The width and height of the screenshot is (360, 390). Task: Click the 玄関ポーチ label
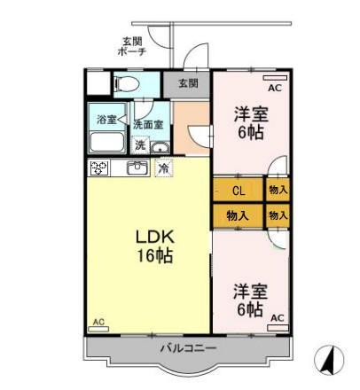132,46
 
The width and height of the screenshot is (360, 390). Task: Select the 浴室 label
106,118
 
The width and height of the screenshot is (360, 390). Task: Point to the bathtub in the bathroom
107,144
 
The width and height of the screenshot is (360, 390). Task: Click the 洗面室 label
147,125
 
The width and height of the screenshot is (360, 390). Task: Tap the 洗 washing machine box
140,144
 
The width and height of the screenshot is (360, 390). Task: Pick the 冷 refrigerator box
163,168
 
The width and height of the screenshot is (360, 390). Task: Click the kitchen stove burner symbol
98,167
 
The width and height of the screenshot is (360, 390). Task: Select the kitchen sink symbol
137,167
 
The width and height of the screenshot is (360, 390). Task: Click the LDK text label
153,238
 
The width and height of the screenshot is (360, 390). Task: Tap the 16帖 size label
153,257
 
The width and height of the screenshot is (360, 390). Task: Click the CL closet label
239,191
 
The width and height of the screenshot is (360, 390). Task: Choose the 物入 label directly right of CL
278,191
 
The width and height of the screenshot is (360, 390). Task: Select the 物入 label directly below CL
237,215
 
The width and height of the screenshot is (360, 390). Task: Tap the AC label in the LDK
98,322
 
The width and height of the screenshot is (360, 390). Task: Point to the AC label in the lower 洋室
277,317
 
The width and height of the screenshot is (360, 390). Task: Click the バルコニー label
188,348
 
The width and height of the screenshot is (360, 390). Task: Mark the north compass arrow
327,360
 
